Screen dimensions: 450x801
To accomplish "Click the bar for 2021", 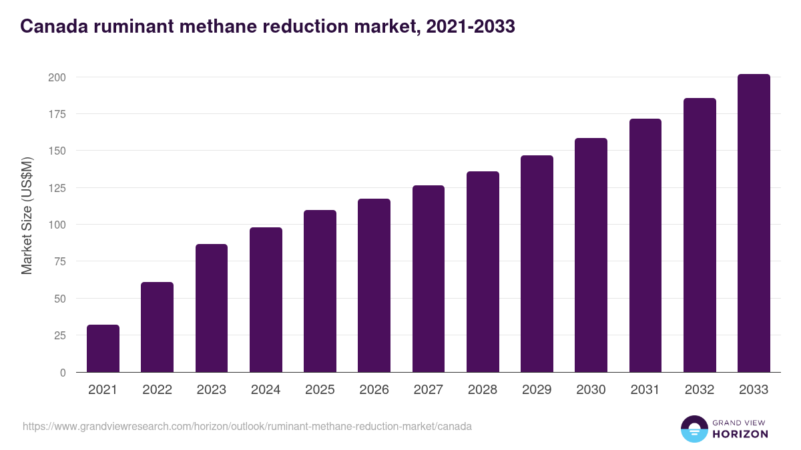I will point(103,349).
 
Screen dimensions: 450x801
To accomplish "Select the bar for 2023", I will point(212,308).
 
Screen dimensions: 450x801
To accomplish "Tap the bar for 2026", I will point(374,285).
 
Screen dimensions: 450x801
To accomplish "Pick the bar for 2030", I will point(591,255).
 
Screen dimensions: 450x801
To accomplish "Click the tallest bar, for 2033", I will point(754,223).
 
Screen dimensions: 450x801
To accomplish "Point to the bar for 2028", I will point(483,272).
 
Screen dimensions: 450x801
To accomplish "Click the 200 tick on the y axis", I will point(57,77).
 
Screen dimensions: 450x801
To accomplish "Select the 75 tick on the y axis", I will point(59,261).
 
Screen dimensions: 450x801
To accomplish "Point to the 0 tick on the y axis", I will point(63,373).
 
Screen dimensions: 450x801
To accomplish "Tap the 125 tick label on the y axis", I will point(57,188).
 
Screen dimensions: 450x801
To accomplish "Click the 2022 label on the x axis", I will point(157,390).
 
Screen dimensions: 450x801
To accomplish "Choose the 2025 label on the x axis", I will point(320,390).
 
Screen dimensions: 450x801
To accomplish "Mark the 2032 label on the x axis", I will point(700,390).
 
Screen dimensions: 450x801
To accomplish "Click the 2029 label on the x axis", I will point(537,390).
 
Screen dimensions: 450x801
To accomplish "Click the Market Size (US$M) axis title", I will point(27,215).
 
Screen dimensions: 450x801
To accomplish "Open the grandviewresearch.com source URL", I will point(247,426).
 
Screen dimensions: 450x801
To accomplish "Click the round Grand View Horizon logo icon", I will point(694,429).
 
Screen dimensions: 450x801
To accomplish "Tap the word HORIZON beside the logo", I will point(740,434).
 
